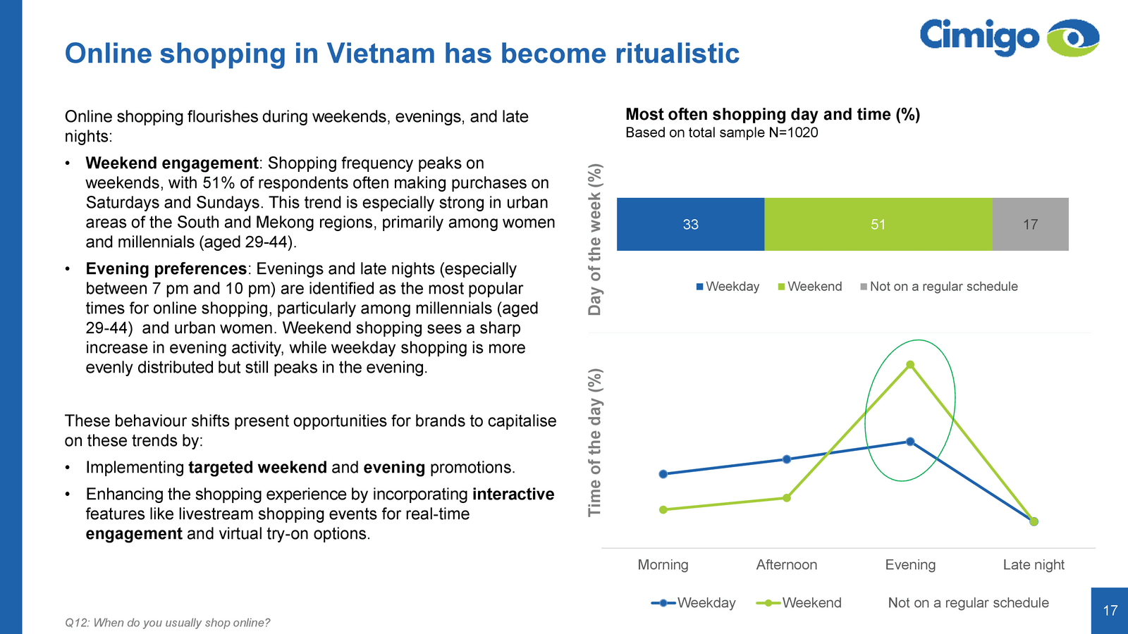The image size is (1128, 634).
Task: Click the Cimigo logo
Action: click(1009, 37)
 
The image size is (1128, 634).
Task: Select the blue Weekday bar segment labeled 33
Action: click(690, 225)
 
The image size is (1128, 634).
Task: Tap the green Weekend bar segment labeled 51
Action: click(878, 225)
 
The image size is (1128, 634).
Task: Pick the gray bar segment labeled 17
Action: click(1030, 225)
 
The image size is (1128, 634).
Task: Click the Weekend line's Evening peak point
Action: click(910, 365)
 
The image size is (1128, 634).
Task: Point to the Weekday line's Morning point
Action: click(663, 474)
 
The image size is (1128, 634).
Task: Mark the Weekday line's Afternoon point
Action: click(787, 459)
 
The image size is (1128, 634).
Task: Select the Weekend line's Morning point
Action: click(663, 510)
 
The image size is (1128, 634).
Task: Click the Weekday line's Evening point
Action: click(910, 442)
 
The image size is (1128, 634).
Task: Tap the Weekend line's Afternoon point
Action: click(787, 498)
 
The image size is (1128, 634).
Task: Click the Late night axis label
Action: click(1034, 565)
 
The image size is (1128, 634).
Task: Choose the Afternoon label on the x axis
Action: click(787, 565)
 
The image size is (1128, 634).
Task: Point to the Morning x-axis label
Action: click(663, 565)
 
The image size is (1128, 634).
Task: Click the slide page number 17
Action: click(1110, 611)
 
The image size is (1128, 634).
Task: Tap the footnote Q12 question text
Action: click(167, 623)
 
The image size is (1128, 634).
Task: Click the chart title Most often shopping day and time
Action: click(773, 114)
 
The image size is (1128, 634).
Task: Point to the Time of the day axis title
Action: click(596, 442)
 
